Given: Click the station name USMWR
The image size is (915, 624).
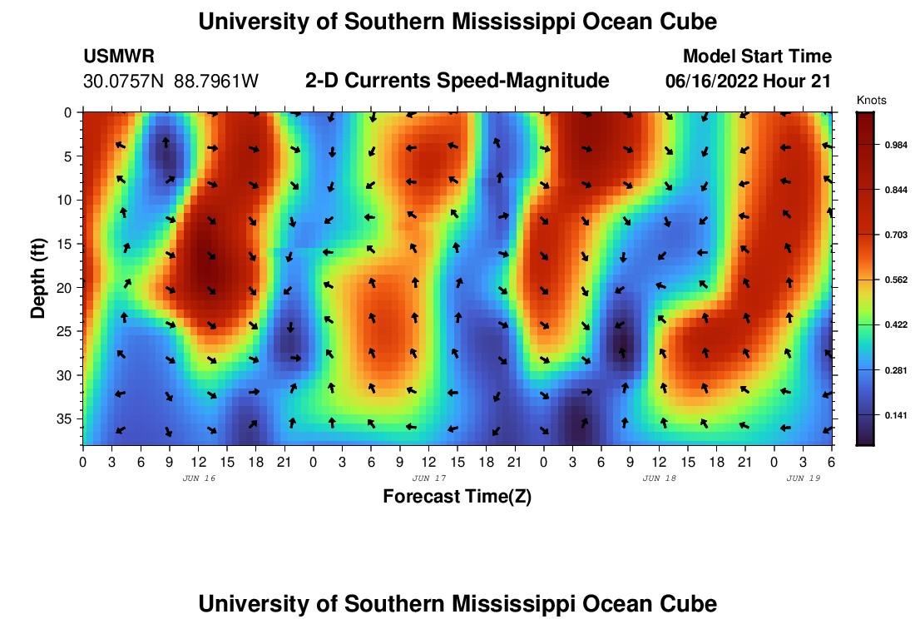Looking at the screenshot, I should (119, 57).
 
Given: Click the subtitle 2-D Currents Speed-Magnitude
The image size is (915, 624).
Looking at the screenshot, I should (457, 81).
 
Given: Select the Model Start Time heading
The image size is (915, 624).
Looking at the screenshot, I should (757, 57).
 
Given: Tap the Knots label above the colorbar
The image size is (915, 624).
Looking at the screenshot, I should (872, 101).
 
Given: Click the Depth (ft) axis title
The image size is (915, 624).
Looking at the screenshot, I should (37, 275).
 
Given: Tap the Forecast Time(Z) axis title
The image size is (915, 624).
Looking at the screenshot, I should (457, 497).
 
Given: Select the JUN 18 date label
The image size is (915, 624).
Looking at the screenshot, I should (660, 478).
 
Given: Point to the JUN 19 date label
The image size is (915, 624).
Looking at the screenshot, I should (804, 478).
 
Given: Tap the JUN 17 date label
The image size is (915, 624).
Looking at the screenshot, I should (429, 478).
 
